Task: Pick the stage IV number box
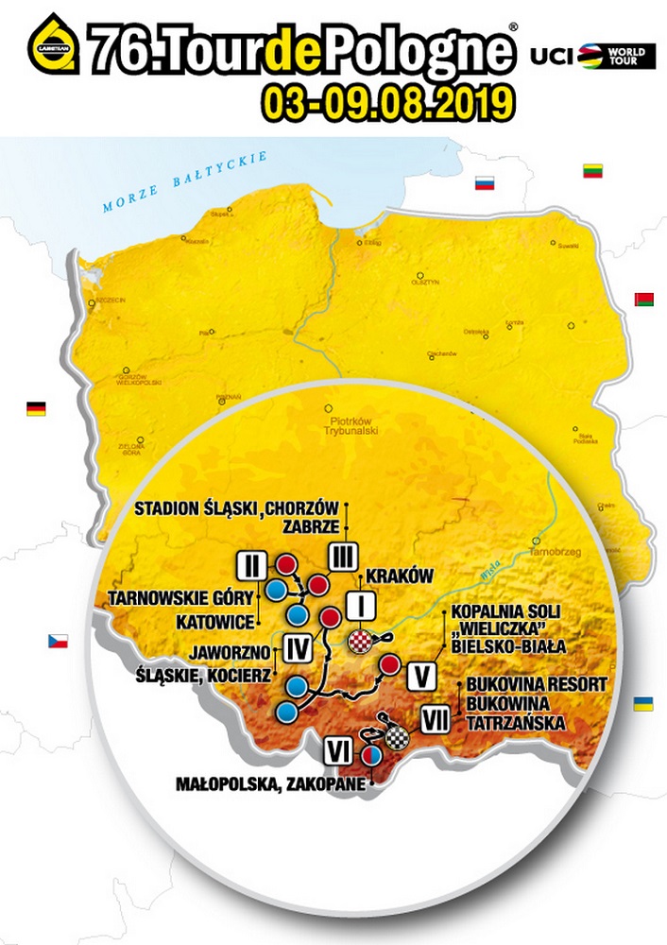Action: pyautogui.click(x=296, y=648)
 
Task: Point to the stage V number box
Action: pyautogui.click(x=422, y=677)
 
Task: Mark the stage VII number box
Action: pyautogui.click(x=435, y=721)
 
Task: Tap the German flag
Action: pyautogui.click(x=36, y=408)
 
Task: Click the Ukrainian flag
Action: pyautogui.click(x=643, y=704)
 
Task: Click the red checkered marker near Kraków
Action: pyautogui.click(x=363, y=643)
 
